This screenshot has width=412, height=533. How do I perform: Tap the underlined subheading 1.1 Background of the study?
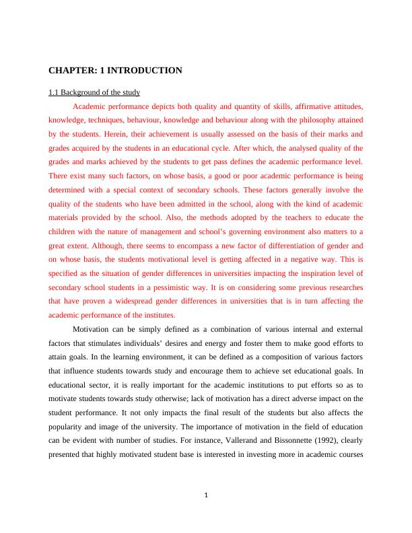coord(94,92)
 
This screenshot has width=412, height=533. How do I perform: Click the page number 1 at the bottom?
coord(207,497)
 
